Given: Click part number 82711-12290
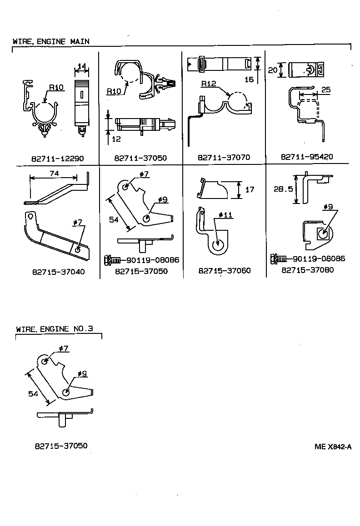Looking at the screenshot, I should pyautogui.click(x=58, y=159).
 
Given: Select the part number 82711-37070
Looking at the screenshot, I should pyautogui.click(x=224, y=158).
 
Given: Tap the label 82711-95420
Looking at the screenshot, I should pyautogui.click(x=307, y=157).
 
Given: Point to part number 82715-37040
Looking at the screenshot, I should pyautogui.click(x=58, y=272).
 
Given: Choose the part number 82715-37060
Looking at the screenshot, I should pyautogui.click(x=224, y=271).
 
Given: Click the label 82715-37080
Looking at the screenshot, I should pyautogui.click(x=308, y=270).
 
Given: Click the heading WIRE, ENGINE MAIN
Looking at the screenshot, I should pyautogui.click(x=51, y=41).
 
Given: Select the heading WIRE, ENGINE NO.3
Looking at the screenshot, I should pyautogui.click(x=54, y=329).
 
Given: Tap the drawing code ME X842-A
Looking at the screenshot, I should pyautogui.click(x=333, y=447).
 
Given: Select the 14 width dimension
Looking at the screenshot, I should pyautogui.click(x=81, y=66).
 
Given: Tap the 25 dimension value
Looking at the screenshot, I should pyautogui.click(x=325, y=90).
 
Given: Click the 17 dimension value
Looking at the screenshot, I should pyautogui.click(x=250, y=189).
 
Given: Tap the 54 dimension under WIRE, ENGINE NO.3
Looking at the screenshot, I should pyautogui.click(x=33, y=394).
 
